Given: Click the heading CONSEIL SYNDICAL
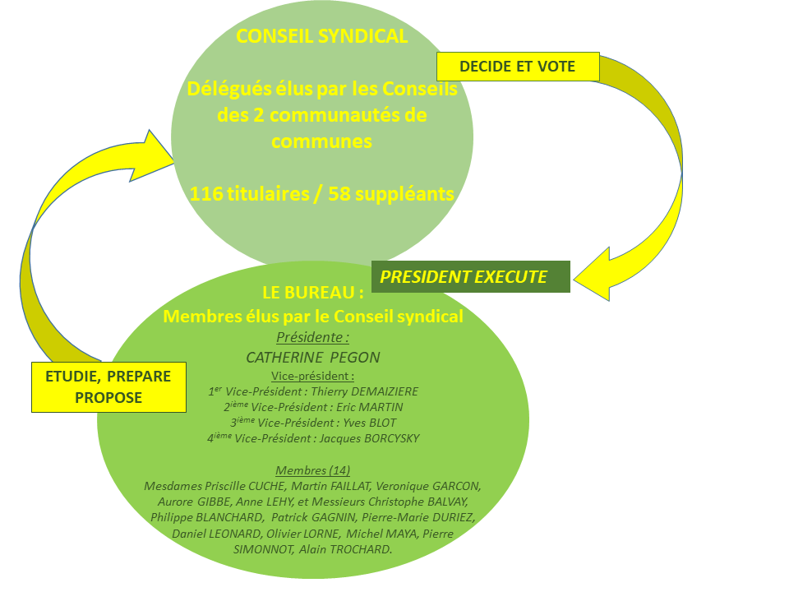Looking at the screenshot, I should [321, 36].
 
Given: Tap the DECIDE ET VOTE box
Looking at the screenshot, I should [517, 67].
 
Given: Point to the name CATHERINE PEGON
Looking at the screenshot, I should [312, 358].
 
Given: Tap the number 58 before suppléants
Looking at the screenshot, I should [341, 194].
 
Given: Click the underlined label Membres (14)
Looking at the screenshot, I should [312, 470].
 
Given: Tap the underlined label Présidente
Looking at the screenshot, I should [312, 337].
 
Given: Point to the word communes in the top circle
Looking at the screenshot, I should [321, 141].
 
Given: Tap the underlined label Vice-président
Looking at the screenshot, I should [312, 376].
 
